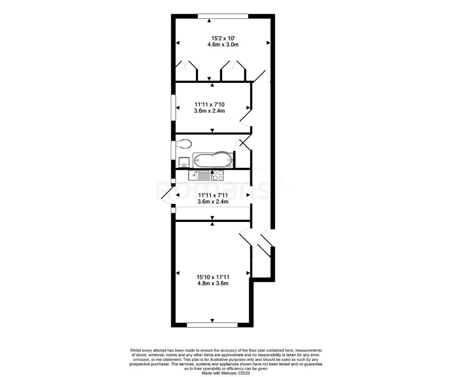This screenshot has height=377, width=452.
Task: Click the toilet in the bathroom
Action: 184,143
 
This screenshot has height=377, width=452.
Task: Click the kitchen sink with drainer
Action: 199,175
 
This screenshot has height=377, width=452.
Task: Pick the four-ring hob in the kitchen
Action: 218,175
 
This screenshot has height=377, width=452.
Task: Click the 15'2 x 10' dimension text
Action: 223,38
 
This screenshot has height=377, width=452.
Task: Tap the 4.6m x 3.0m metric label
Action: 223,45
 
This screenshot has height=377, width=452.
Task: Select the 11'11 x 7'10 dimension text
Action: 210,104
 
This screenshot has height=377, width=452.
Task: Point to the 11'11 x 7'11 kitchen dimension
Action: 213,195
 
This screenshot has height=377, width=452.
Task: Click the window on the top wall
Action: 223,16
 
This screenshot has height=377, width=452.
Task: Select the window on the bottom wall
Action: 212,325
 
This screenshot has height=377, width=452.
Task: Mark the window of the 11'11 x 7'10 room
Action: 173,107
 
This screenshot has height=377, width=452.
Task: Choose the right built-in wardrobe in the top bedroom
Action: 233,71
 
